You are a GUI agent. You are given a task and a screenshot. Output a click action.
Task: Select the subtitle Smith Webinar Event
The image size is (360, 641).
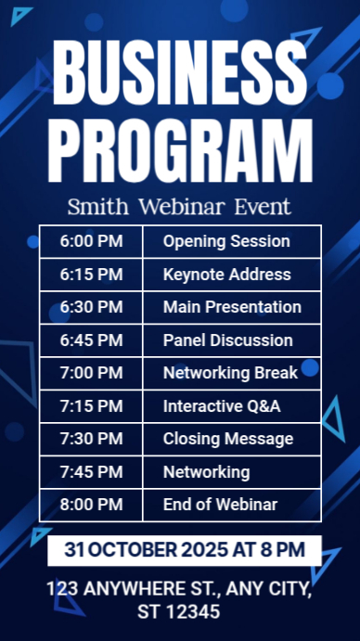(x=180, y=206)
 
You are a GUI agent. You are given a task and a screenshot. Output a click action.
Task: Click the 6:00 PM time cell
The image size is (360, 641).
(x=91, y=241)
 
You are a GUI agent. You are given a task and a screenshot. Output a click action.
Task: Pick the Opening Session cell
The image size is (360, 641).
(x=226, y=241)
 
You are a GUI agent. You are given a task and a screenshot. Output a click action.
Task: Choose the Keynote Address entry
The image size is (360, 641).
(x=226, y=275)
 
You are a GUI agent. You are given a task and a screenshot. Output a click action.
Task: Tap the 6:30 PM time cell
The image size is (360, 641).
(x=91, y=307)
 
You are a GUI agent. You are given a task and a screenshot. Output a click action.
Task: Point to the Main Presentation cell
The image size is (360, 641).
(x=232, y=307)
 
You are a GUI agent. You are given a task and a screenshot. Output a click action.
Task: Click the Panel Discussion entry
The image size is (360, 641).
(x=227, y=340)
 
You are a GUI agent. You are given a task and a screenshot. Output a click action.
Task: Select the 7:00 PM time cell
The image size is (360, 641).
(x=91, y=373)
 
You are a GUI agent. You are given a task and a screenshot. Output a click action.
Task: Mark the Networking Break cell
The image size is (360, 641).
(x=230, y=373)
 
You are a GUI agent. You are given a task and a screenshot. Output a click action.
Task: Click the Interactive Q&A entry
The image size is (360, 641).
(x=222, y=406)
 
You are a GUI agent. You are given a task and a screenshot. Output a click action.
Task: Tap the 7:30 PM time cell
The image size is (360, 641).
(x=91, y=439)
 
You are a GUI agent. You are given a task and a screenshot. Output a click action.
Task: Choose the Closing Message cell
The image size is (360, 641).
(x=228, y=439)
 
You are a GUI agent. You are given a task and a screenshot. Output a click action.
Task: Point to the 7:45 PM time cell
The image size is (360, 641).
(x=91, y=472)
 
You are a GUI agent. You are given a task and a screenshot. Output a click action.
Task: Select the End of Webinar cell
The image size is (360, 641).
(x=220, y=505)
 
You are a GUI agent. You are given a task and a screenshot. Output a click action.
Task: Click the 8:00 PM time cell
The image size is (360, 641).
(x=91, y=505)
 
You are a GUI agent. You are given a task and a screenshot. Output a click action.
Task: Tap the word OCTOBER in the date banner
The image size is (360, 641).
(x=135, y=550)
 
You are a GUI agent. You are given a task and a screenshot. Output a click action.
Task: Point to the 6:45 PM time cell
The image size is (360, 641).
(x=91, y=340)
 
